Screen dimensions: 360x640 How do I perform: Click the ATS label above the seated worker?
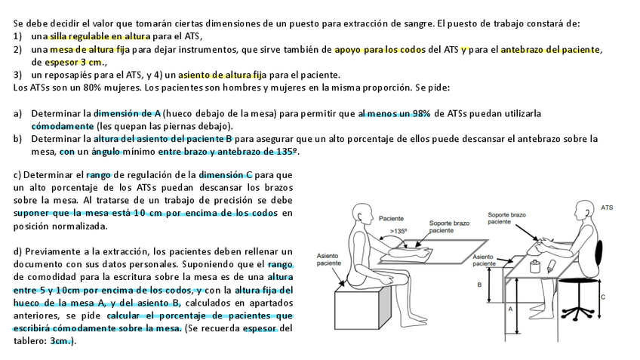pyautogui.click(x=606, y=206)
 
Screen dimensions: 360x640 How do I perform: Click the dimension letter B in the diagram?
pyautogui.click(x=478, y=285)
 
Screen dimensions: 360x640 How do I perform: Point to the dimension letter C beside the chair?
pyautogui.click(x=602, y=297)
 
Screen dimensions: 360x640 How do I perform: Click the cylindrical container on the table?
pyautogui.click(x=535, y=266)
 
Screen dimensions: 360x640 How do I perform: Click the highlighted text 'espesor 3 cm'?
pyautogui.click(x=73, y=62)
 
